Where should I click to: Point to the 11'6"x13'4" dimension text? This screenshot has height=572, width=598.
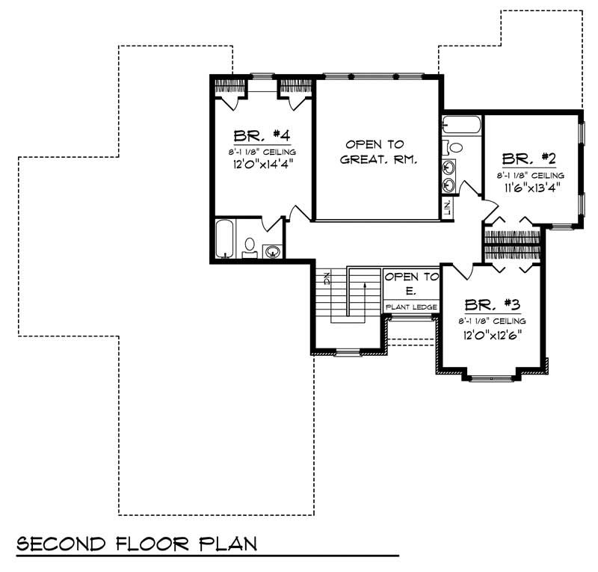point(530,187)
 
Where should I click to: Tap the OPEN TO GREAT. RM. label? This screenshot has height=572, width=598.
point(377,151)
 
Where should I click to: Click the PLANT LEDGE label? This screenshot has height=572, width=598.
point(411,307)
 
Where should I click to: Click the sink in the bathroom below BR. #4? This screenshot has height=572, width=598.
point(273,251)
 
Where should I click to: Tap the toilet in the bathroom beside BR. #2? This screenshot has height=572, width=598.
point(454,147)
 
